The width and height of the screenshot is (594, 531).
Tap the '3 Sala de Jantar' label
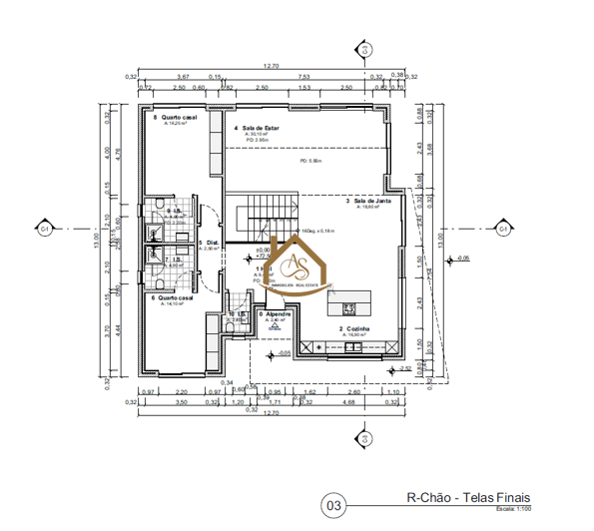click(370, 201)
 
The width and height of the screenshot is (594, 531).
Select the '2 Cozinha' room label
click(354, 328)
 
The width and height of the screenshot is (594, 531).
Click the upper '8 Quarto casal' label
click(175, 118)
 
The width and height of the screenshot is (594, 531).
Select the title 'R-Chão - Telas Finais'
click(468, 497)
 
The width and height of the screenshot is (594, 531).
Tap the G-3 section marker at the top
click(365, 48)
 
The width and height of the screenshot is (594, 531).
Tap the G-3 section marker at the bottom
click(365, 439)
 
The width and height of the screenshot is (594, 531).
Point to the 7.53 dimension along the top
click(303, 76)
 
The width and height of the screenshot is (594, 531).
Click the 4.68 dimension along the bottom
click(349, 402)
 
